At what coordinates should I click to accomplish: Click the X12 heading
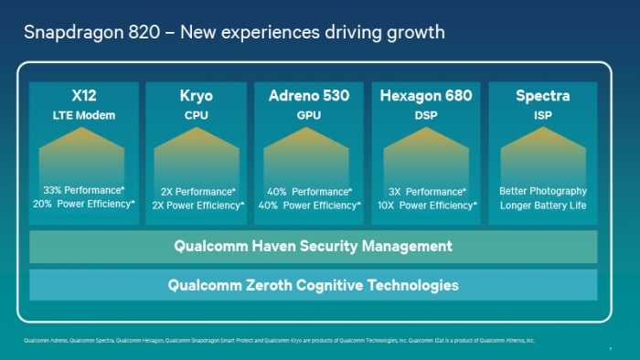(83, 96)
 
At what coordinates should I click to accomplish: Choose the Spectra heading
(543, 96)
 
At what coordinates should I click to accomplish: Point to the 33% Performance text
(83, 191)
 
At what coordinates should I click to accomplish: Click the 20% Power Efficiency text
(83, 205)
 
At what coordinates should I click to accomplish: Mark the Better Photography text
(543, 191)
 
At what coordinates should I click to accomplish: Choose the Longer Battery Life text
(543, 205)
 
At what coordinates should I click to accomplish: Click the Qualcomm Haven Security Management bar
(313, 246)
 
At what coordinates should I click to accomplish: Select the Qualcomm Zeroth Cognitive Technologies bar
(313, 285)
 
